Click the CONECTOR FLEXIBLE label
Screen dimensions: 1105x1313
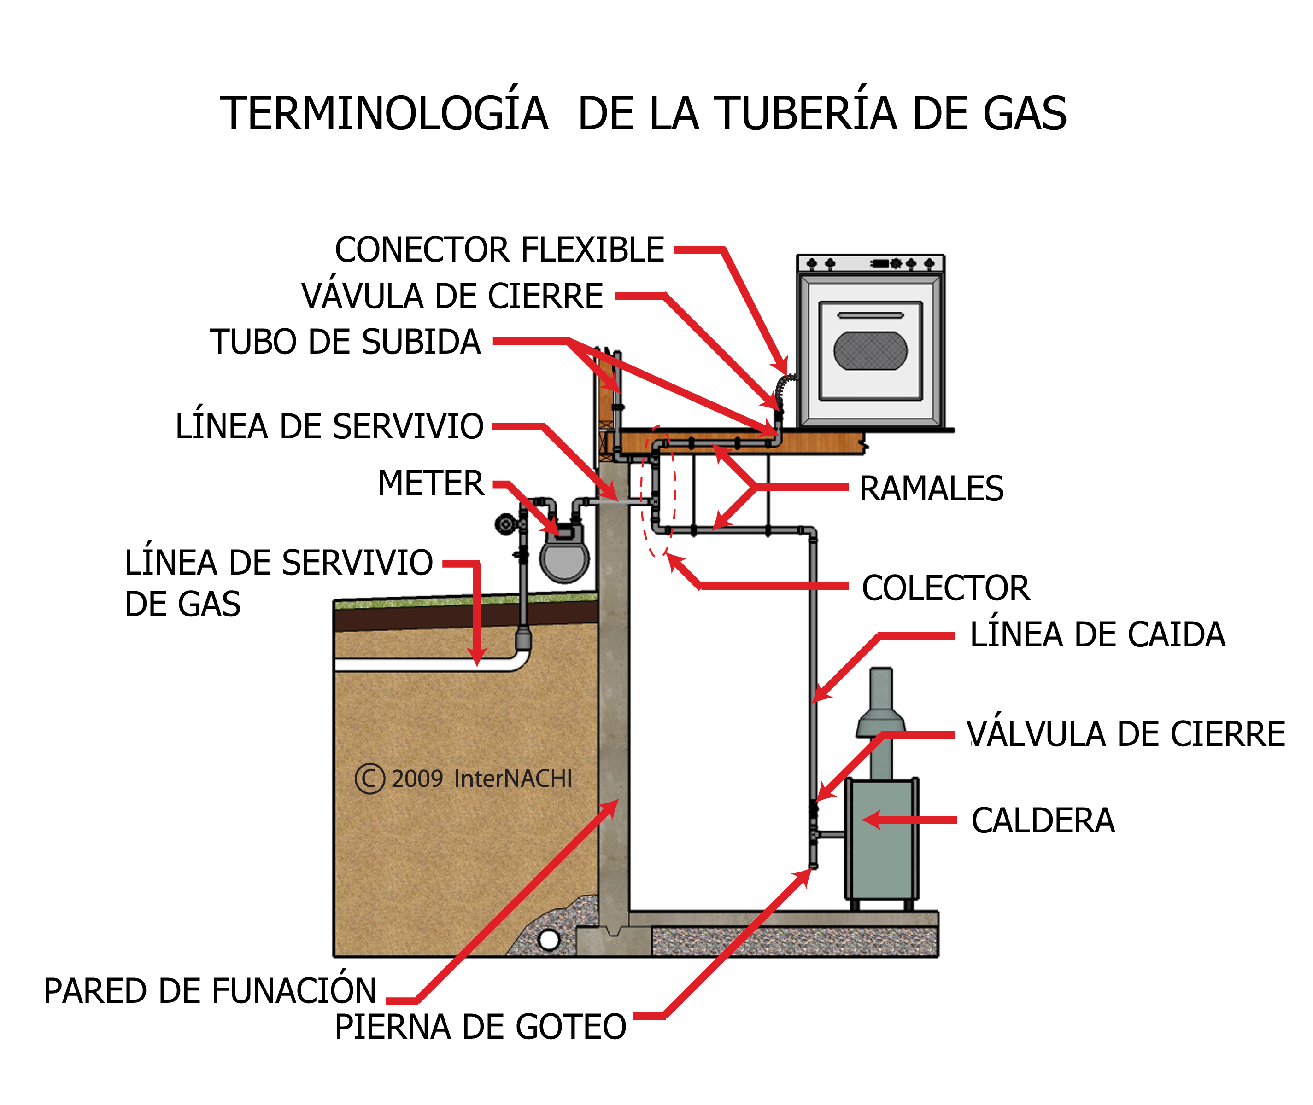click(x=499, y=250)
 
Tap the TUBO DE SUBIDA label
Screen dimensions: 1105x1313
click(x=345, y=342)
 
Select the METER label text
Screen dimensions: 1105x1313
click(x=431, y=483)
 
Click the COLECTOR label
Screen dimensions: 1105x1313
click(x=945, y=587)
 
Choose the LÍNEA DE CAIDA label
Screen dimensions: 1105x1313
click(x=1097, y=634)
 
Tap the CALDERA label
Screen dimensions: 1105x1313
click(x=1043, y=820)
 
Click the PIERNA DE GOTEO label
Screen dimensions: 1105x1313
click(x=480, y=1027)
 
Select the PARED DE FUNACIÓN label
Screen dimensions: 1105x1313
click(x=210, y=991)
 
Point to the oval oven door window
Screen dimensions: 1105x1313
click(x=870, y=351)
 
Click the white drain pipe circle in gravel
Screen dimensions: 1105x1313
click(x=548, y=940)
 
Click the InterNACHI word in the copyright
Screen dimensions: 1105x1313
click(x=513, y=779)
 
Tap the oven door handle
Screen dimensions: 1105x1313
click(x=870, y=315)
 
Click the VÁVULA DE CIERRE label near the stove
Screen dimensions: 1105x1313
click(x=452, y=297)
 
